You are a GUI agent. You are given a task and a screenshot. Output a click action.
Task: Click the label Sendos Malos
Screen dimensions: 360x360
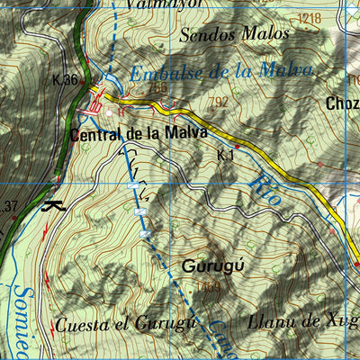pyautogui.click(x=235, y=35)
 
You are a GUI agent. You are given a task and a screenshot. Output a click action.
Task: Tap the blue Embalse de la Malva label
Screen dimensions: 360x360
pyautogui.click(x=220, y=72)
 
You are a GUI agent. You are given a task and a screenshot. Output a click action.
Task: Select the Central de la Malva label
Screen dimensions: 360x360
pyautogui.click(x=139, y=132)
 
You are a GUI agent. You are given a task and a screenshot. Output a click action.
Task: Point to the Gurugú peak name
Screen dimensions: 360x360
pyautogui.click(x=213, y=266)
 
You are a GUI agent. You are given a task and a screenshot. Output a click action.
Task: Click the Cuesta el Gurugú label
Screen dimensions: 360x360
pyautogui.click(x=125, y=324)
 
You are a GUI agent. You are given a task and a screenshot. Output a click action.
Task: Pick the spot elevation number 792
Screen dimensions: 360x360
pyautogui.click(x=217, y=103)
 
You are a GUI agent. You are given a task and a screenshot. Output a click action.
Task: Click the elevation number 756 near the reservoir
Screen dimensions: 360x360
pyautogui.click(x=157, y=88)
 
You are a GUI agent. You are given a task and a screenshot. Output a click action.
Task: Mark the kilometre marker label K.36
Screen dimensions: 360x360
pyautogui.click(x=66, y=79)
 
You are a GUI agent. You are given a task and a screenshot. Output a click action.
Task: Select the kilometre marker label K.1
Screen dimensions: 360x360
pyautogui.click(x=225, y=155)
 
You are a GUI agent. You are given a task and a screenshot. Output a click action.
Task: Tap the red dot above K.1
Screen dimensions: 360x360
pyautogui.click(x=238, y=146)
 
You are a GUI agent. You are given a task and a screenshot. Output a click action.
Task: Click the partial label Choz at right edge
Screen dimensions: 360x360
pyautogui.click(x=343, y=103)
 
